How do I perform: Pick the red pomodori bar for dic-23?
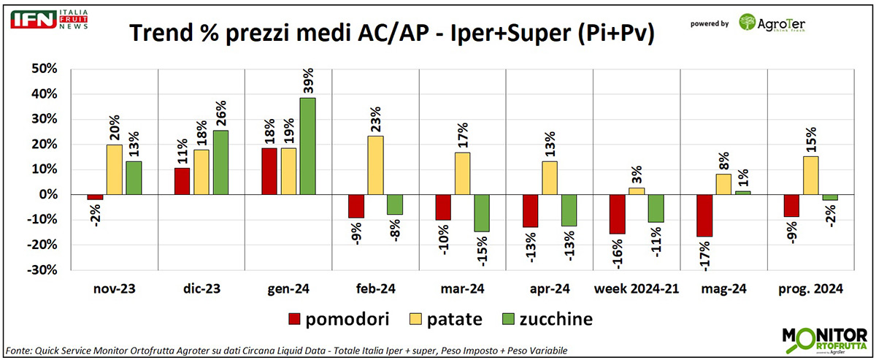pos(181,181)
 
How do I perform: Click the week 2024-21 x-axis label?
pos(637,289)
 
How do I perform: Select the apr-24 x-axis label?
pos(550,289)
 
